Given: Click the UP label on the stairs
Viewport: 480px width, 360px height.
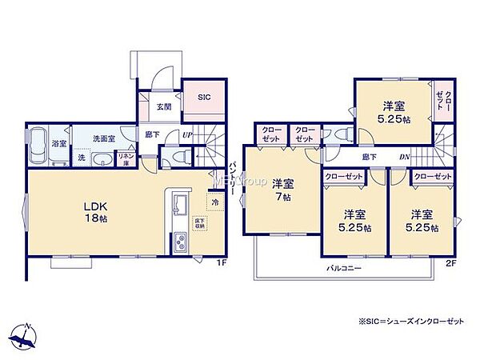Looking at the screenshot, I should (186, 135).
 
